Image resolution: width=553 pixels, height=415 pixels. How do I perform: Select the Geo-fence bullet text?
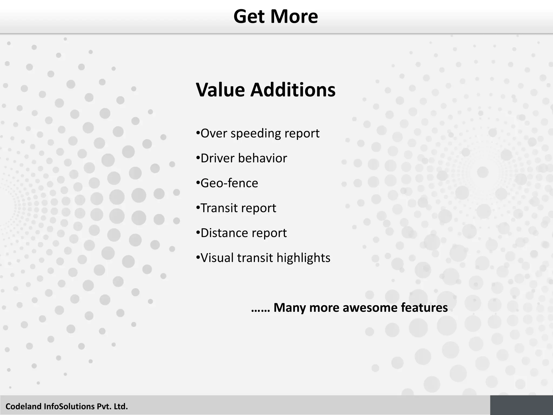[229, 183]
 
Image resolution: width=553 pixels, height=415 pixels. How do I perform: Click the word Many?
[290, 308]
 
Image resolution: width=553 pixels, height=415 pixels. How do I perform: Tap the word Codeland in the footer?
[23, 406]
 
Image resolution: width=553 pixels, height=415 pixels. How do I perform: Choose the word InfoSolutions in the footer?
[69, 406]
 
